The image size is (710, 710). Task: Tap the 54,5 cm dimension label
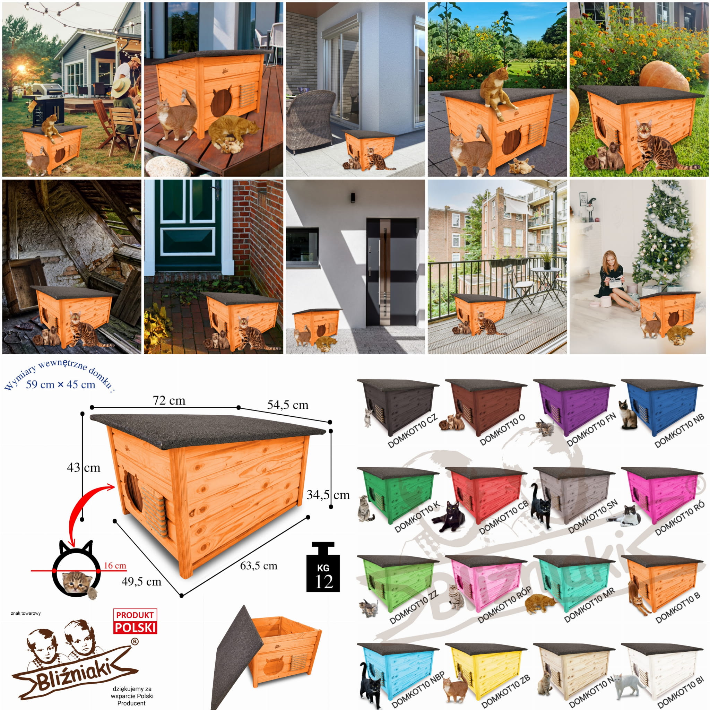[x=288, y=405]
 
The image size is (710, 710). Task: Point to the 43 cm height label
[x=84, y=467]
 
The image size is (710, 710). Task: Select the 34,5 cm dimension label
[x=328, y=495]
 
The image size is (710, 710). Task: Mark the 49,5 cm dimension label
[x=141, y=581]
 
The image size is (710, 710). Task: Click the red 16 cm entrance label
[x=115, y=565]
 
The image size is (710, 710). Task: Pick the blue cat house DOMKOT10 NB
[x=661, y=405]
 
